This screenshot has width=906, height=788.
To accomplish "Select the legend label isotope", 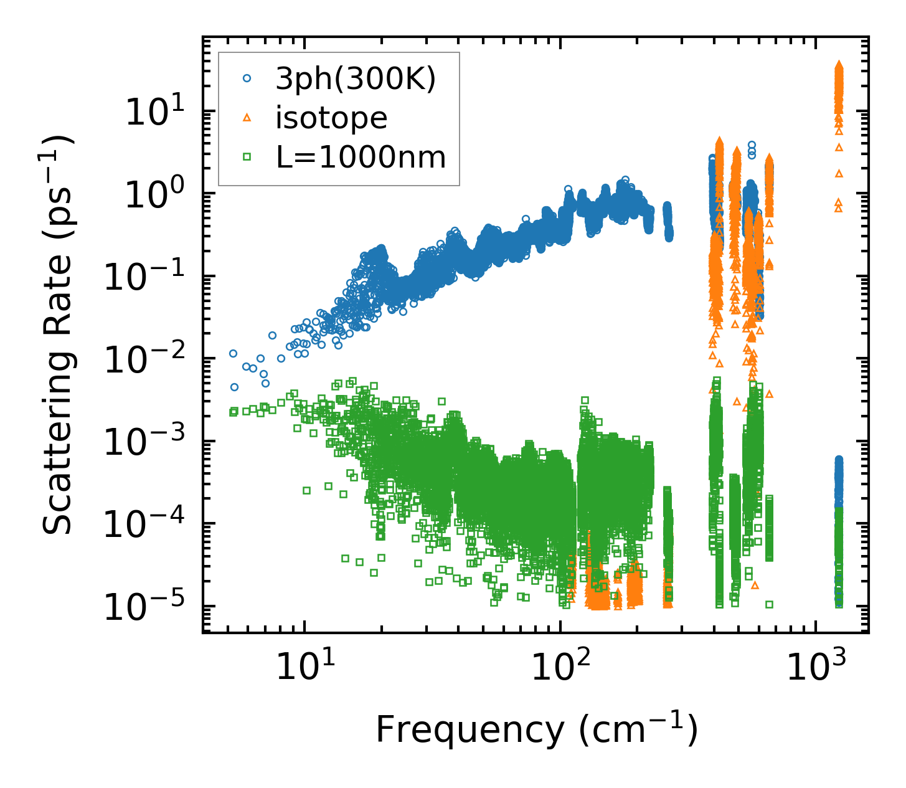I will [332, 118].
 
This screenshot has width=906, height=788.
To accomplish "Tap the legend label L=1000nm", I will [361, 157].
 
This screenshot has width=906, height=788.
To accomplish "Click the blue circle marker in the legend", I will [247, 78].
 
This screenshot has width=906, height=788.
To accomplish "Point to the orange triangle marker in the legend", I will [247, 118].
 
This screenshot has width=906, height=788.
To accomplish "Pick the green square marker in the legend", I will [247, 157].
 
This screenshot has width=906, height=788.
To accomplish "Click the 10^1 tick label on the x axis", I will [304, 670].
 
